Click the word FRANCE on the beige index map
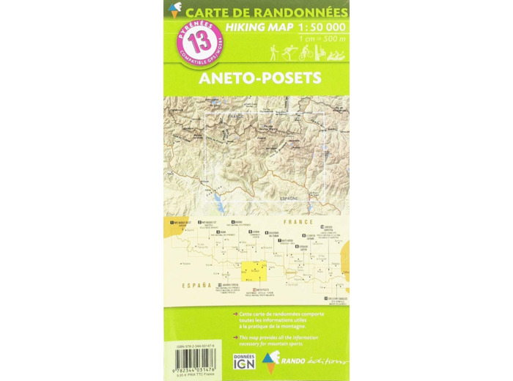[x=301, y=218]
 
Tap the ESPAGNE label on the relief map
[x=289, y=198]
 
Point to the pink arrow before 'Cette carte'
[x=234, y=314]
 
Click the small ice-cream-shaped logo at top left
[x=174, y=9]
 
